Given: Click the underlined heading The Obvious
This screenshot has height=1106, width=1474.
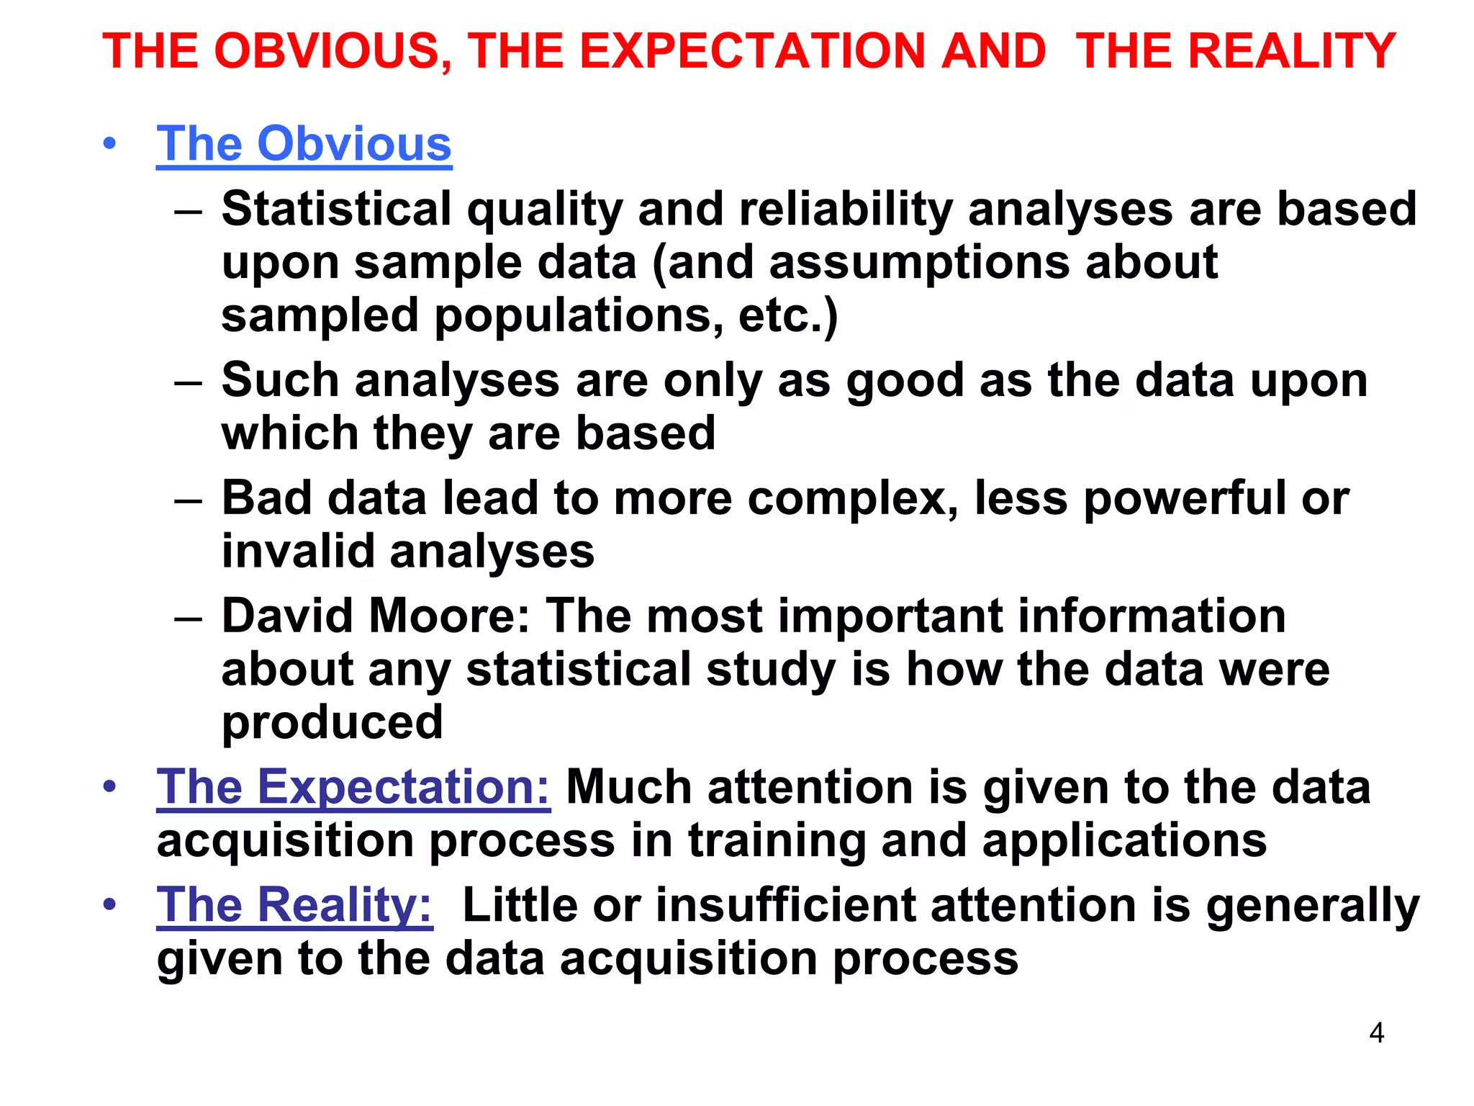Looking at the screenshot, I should (x=304, y=144).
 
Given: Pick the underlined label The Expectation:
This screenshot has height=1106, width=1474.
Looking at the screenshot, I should (x=353, y=787).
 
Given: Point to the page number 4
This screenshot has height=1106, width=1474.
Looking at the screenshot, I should (x=1376, y=1033).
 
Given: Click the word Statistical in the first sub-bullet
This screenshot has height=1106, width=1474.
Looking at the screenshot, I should (x=336, y=210).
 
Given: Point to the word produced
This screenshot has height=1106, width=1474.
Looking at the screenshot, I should (x=332, y=722).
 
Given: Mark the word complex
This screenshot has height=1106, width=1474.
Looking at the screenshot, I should (x=852, y=498).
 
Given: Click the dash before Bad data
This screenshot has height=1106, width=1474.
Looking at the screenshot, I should (x=188, y=500).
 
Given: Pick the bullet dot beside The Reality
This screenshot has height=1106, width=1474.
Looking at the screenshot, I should (x=109, y=904).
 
